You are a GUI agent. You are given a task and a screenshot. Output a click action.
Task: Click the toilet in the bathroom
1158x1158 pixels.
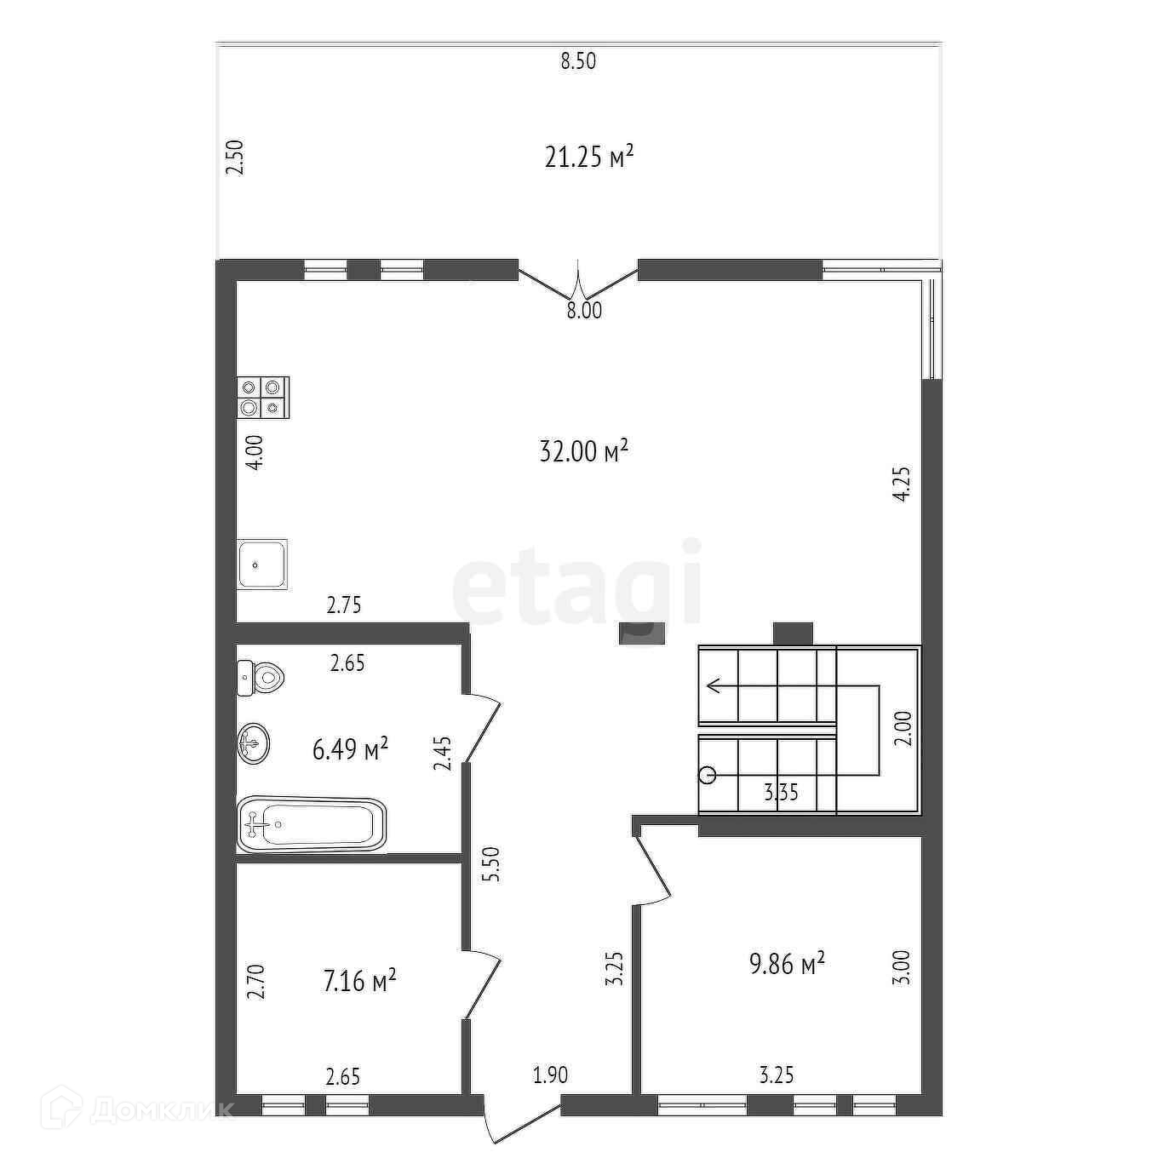261,678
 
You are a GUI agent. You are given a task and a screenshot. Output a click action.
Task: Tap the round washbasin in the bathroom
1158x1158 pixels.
254,743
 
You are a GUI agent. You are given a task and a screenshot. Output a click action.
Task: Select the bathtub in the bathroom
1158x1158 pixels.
312,824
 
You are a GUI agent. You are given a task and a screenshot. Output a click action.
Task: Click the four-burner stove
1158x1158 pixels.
263,398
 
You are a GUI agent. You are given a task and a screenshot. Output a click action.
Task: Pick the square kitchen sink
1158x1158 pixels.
262,564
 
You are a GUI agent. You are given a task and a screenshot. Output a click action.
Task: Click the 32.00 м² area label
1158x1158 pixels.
583,450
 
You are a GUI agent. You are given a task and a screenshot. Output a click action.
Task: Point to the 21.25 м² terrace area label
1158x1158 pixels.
589,158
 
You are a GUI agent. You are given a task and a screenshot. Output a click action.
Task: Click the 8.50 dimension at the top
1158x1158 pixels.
578,61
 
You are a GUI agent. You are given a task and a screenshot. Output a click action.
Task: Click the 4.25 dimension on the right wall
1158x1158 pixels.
903,484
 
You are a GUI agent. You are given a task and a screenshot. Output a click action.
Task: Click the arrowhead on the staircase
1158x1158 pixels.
714,685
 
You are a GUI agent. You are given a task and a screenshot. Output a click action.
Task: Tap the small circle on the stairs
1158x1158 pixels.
708,775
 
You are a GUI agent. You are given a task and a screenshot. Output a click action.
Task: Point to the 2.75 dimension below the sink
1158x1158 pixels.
344,605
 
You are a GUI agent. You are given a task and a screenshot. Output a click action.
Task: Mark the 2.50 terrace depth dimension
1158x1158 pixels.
234,158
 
